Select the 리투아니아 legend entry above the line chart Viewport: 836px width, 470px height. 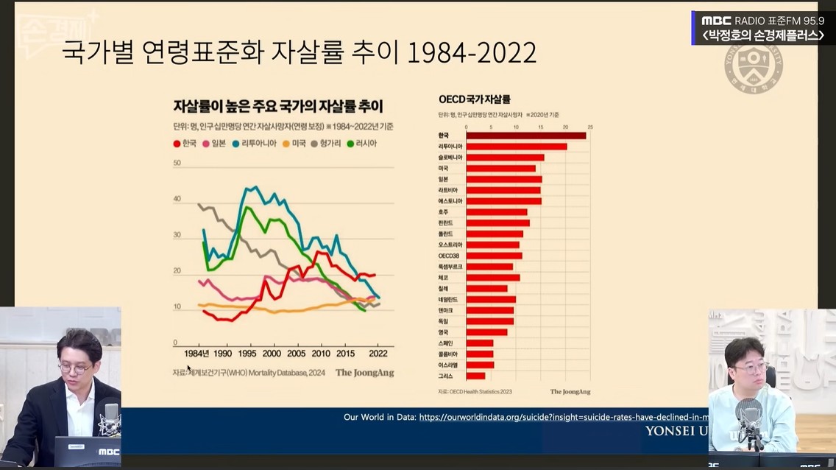(x=256, y=144)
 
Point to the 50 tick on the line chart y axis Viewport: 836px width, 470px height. (x=177, y=163)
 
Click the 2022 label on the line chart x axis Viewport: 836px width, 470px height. (x=378, y=354)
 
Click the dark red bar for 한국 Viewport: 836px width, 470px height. (x=525, y=136)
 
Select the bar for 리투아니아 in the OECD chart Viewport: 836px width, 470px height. (x=516, y=147)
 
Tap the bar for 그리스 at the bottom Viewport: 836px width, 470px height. (x=475, y=376)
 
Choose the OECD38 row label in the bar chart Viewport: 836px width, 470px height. (x=448, y=256)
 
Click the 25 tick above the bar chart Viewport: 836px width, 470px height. (x=589, y=127)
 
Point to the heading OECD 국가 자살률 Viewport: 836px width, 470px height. (x=474, y=99)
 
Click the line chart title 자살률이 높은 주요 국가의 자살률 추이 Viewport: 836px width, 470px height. (x=278, y=106)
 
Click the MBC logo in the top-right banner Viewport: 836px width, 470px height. (x=716, y=21)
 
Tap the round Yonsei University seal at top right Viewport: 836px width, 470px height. (x=753, y=67)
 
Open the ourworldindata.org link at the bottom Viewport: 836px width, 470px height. (x=563, y=417)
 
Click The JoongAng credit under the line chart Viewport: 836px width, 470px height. (x=364, y=373)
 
